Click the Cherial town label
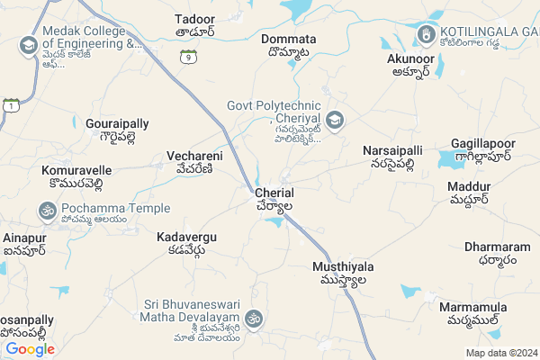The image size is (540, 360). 274,193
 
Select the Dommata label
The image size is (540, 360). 288,40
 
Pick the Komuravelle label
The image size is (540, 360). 76,169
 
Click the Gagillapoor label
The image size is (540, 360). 484,144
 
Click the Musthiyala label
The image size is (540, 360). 342,267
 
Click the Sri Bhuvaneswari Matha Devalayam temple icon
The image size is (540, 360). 255,319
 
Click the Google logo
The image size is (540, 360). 30,349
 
